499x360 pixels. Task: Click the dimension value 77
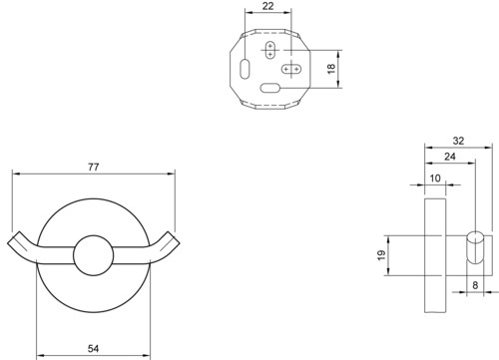pos(94,167)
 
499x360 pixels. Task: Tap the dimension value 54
pos(94,348)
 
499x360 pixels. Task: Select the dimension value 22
pos(267,6)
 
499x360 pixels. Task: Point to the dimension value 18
pos(331,69)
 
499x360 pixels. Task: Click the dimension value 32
pos(458,141)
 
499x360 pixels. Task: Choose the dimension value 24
pos(450,157)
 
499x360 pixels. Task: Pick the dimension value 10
pos(435,179)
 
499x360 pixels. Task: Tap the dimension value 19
pos(381,255)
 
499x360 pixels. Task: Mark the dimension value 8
pos(475,285)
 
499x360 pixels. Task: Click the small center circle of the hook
pos(94,255)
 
